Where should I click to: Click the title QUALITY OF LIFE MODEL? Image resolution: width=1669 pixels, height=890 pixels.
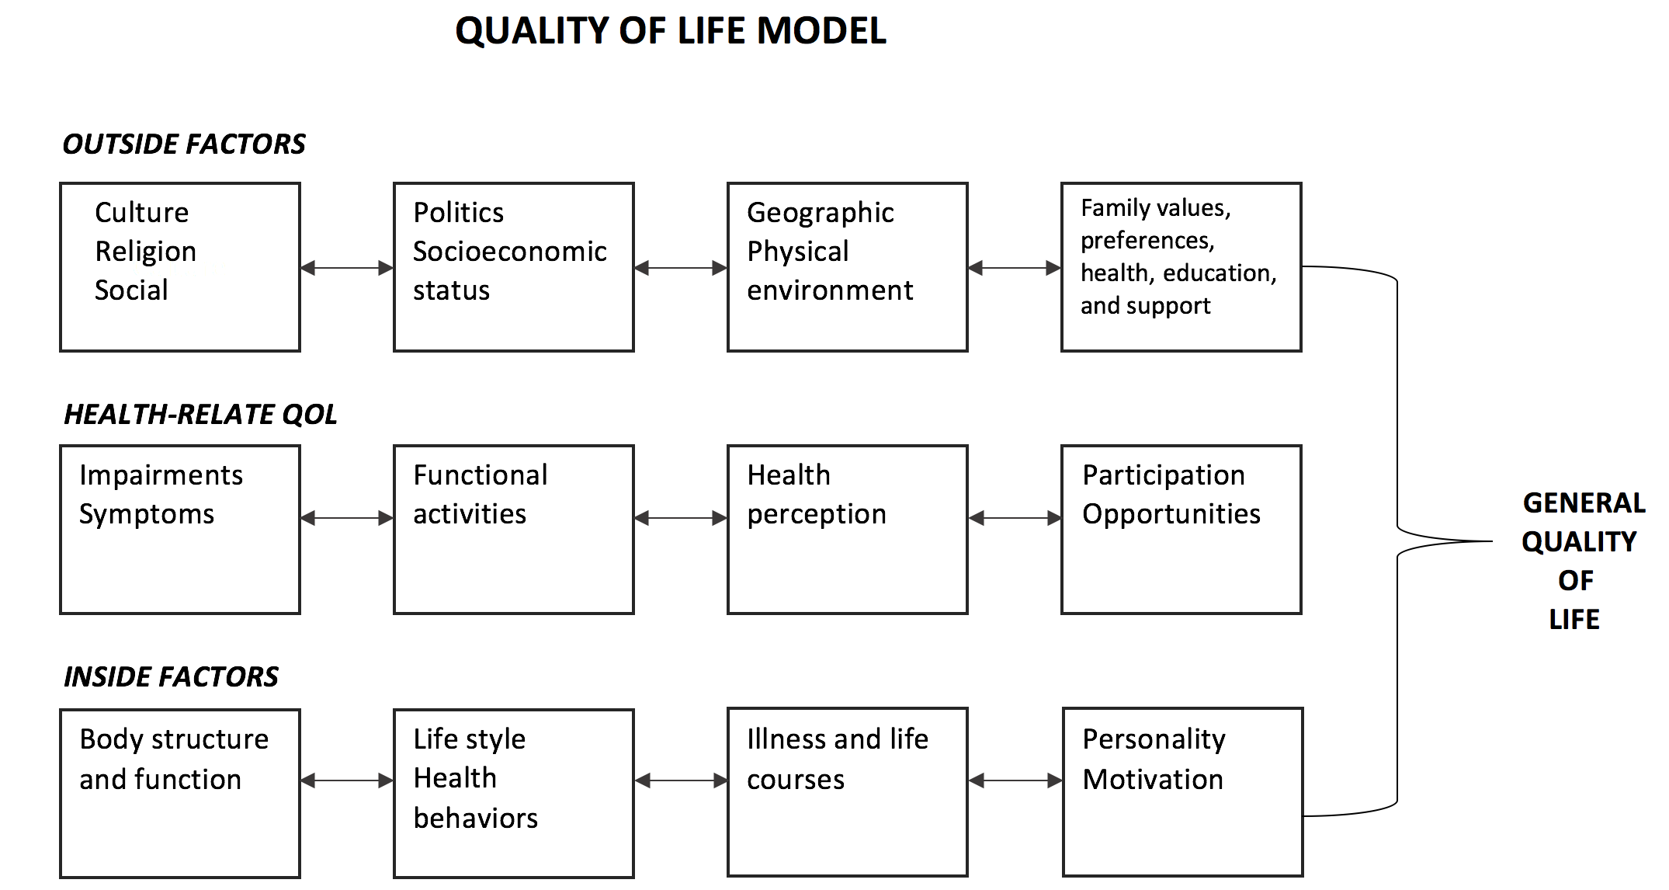coord(670,32)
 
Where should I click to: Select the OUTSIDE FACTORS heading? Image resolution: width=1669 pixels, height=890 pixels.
coord(184,144)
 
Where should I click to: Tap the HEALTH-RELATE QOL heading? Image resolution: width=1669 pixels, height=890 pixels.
coord(200,414)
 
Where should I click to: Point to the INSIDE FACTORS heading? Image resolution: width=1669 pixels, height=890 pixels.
coord(171,676)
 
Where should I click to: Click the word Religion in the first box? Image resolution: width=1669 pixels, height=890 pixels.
coord(145,252)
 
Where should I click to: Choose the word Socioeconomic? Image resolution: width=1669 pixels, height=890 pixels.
coord(509,251)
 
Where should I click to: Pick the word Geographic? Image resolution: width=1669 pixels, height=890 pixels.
coord(821,213)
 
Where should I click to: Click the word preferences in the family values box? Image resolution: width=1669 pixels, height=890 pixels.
coord(1147,241)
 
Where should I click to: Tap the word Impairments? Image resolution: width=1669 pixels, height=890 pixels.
coord(161,475)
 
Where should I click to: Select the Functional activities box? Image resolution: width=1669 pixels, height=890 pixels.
coord(514,530)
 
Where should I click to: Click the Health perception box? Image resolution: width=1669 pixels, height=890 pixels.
coord(848,530)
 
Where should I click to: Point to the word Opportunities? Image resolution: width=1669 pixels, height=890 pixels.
coord(1171,514)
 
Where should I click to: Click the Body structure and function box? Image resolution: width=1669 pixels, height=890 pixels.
coord(180,794)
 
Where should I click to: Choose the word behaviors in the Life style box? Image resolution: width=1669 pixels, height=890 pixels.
coord(475,818)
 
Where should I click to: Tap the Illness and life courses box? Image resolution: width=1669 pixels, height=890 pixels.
coord(848,792)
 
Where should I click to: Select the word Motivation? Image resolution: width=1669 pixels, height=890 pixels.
coord(1153,779)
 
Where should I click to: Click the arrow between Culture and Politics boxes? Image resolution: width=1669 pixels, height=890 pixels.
coord(347,268)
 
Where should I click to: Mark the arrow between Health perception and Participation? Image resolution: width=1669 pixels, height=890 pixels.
coord(1015,518)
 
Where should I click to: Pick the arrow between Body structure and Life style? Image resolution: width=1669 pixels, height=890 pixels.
coord(347,780)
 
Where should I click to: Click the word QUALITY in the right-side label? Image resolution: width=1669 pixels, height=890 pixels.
coord(1579,542)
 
